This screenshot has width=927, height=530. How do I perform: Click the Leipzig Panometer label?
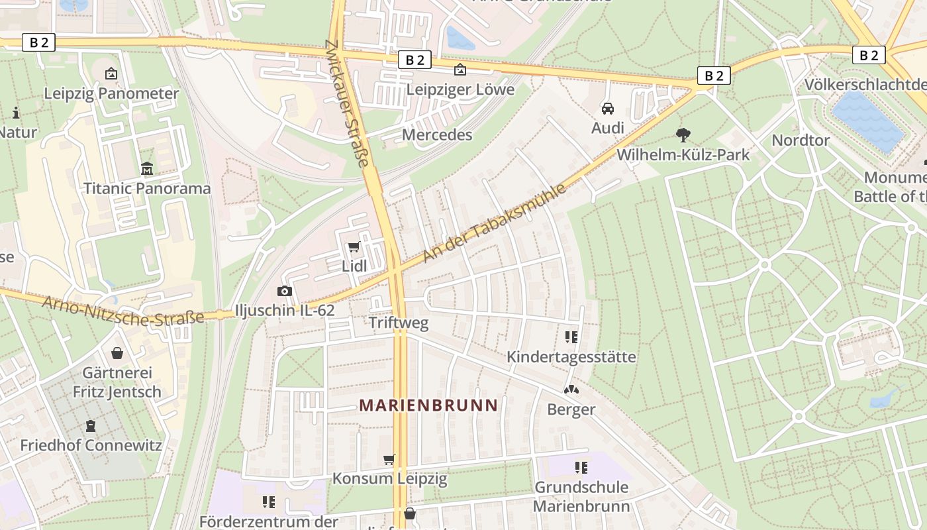pos(111,93)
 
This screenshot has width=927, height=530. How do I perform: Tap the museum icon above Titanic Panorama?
pos(147,169)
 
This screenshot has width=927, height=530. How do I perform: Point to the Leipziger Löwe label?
pos(460,89)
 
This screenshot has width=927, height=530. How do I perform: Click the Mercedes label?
pos(437,135)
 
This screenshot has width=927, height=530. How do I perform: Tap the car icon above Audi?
pos(608,108)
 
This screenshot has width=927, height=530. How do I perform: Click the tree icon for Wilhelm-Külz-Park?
pos(683,135)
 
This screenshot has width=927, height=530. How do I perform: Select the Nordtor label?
pos(800,140)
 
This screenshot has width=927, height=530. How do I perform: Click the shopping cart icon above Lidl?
pos(354,247)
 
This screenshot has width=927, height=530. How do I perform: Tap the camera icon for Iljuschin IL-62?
pos(284,291)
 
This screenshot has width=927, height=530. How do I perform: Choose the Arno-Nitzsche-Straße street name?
pos(123,311)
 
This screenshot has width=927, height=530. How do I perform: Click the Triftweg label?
pos(399,323)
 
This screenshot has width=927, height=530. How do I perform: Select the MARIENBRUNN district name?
pos(428,405)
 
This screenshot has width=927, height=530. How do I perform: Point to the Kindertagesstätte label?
pos(571,357)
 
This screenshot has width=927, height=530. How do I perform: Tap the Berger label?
pos(571,409)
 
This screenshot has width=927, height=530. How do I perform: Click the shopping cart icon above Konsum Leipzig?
pos(389,459)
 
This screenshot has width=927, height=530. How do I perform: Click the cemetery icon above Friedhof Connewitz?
pos(91,426)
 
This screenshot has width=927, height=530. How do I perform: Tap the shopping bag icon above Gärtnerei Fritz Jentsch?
pos(117,353)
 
